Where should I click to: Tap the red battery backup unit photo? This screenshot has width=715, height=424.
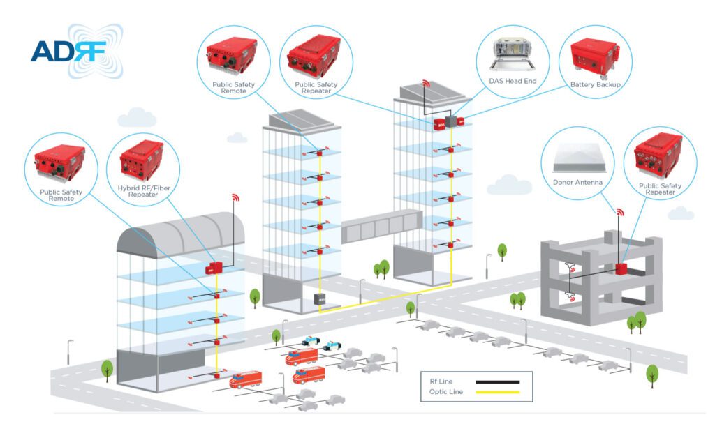595,56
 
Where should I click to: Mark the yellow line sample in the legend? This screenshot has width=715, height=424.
498,392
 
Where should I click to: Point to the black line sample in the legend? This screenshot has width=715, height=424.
498,381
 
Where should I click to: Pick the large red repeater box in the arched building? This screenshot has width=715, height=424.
212,268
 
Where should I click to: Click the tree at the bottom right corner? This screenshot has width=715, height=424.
652,374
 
